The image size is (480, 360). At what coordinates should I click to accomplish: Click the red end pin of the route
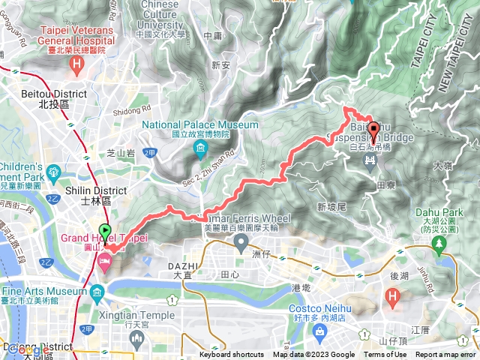tap(373, 127)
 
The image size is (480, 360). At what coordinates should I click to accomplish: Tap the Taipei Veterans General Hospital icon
tap(76, 65)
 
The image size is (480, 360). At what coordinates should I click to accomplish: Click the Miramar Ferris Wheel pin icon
tap(241, 242)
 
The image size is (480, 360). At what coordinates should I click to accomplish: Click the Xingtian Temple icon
tap(136, 338)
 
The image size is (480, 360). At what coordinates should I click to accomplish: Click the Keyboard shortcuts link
tap(231, 355)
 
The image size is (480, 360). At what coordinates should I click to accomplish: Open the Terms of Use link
tap(385, 355)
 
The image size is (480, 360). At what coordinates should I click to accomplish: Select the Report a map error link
tap(445, 355)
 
